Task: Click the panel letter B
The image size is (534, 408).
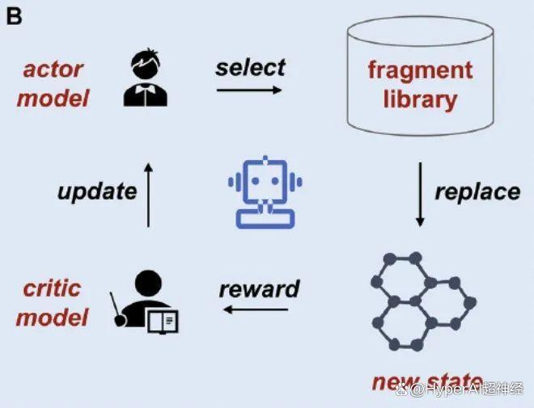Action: [x=14, y=16]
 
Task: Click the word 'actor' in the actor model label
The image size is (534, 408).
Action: [x=53, y=69]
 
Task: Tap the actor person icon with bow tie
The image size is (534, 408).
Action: [x=146, y=78]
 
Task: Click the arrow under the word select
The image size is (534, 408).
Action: [x=249, y=90]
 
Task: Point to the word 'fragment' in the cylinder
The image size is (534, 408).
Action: [x=420, y=70]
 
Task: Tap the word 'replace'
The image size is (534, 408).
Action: [x=477, y=192]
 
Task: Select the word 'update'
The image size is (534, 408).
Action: [x=97, y=191]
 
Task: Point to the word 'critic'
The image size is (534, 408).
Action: [x=53, y=288]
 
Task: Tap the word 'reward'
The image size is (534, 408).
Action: [x=259, y=288]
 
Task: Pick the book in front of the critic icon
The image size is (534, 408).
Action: [x=163, y=322]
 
